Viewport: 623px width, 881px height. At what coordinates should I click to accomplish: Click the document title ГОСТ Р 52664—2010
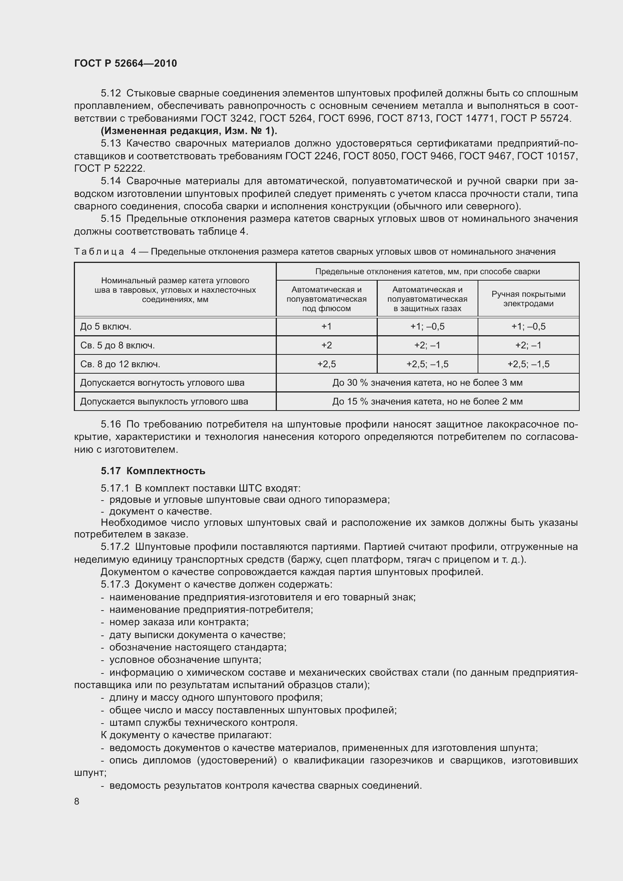coord(125,63)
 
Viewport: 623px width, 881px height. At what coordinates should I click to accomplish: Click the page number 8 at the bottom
coord(77,801)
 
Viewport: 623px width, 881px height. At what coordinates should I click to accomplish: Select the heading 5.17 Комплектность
coord(153,471)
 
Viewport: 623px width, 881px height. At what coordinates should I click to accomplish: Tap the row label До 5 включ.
coord(106,327)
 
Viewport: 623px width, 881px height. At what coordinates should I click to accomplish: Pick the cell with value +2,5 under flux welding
coord(327,364)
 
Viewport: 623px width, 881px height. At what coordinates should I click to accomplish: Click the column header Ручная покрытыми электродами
coord(528,299)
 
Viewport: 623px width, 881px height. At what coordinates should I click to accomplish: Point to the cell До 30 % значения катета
coord(428,383)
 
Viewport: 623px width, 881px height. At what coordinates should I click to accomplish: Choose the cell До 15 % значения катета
coord(428,402)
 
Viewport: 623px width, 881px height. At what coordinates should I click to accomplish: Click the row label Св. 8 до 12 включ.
coord(120,364)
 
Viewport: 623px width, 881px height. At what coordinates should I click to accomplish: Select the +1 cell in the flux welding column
coord(327,327)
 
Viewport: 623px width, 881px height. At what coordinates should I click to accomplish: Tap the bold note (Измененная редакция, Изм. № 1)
coord(189,131)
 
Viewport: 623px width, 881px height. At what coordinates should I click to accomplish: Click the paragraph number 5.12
coord(110,93)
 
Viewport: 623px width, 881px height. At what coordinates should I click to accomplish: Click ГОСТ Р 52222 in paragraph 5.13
coord(109,168)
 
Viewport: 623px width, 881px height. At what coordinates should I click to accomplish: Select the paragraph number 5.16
coord(110,424)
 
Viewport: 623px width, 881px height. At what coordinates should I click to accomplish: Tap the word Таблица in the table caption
coord(99,252)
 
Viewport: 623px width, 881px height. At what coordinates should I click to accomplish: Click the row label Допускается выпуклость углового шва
coord(164,402)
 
